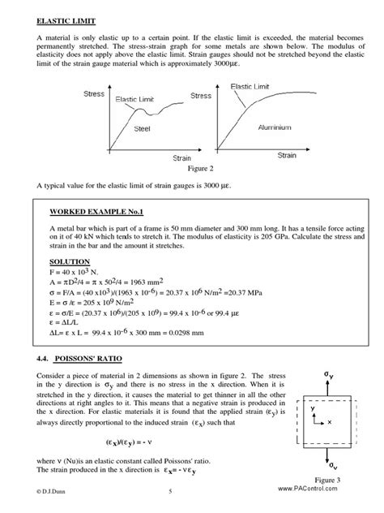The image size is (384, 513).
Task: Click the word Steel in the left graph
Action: (x=141, y=128)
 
